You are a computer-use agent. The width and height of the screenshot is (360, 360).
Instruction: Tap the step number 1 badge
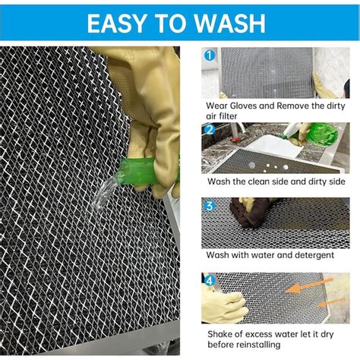209,55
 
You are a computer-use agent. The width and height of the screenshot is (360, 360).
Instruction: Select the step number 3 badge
209,205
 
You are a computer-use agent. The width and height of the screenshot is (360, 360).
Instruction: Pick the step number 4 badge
209,279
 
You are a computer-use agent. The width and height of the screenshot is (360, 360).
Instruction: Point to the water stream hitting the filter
103,194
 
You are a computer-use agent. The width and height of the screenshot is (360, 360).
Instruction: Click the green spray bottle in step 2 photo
319,134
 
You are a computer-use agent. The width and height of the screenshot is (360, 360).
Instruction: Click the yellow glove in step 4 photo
224,304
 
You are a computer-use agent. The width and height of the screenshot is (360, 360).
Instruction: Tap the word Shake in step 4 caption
222,333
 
